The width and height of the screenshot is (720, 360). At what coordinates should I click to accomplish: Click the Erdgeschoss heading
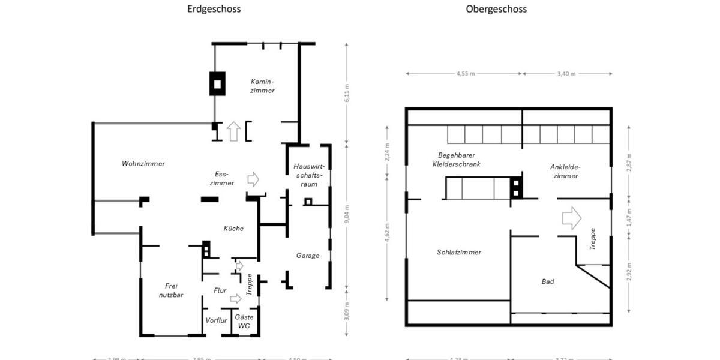click(x=214, y=9)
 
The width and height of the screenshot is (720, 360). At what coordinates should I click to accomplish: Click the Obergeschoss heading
click(x=496, y=9)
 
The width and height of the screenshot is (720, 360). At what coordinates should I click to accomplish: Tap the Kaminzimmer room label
click(x=262, y=86)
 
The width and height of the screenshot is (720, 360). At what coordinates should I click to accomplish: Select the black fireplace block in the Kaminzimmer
click(x=217, y=83)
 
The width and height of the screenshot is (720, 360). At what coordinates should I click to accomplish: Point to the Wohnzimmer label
click(x=143, y=163)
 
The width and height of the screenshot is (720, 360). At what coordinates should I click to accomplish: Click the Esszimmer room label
click(x=221, y=178)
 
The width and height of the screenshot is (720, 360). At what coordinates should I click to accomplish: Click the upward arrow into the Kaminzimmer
click(x=233, y=131)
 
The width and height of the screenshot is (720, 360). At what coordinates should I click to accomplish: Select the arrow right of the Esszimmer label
click(x=253, y=179)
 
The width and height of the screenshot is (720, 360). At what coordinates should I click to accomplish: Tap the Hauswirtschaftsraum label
click(x=308, y=175)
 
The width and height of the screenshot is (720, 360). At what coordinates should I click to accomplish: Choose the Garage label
click(x=308, y=255)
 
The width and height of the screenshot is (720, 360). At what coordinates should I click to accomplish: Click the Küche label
click(x=233, y=228)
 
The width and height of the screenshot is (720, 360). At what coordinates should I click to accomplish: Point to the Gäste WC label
click(x=244, y=321)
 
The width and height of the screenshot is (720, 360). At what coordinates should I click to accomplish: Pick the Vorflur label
click(x=216, y=320)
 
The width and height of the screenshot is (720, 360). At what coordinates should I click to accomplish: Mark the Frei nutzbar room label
click(x=171, y=290)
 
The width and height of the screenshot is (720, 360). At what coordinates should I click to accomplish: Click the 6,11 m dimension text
click(x=346, y=92)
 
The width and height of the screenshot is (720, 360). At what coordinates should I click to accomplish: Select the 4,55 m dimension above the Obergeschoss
click(x=465, y=74)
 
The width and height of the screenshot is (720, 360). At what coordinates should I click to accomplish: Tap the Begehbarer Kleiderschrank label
click(x=459, y=159)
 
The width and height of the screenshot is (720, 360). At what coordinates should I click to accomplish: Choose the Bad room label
click(x=547, y=281)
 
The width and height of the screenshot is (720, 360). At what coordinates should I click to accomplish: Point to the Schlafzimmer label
click(x=458, y=252)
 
